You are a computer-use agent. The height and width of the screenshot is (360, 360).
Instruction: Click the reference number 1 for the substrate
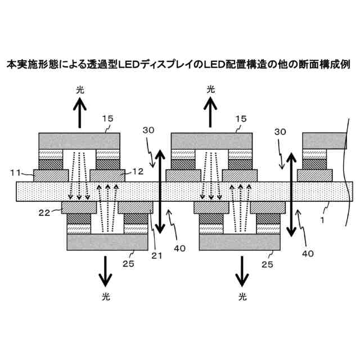pyautogui.click(x=322, y=221)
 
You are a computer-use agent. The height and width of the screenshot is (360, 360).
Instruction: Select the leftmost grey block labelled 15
pyautogui.click(x=79, y=141)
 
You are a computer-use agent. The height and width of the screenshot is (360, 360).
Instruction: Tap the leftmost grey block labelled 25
pyautogui.click(x=107, y=242)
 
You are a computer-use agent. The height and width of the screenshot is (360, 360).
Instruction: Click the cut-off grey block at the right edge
pyautogui.click(x=324, y=140)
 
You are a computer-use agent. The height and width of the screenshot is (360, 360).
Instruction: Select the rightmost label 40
pyautogui.click(x=308, y=253)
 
